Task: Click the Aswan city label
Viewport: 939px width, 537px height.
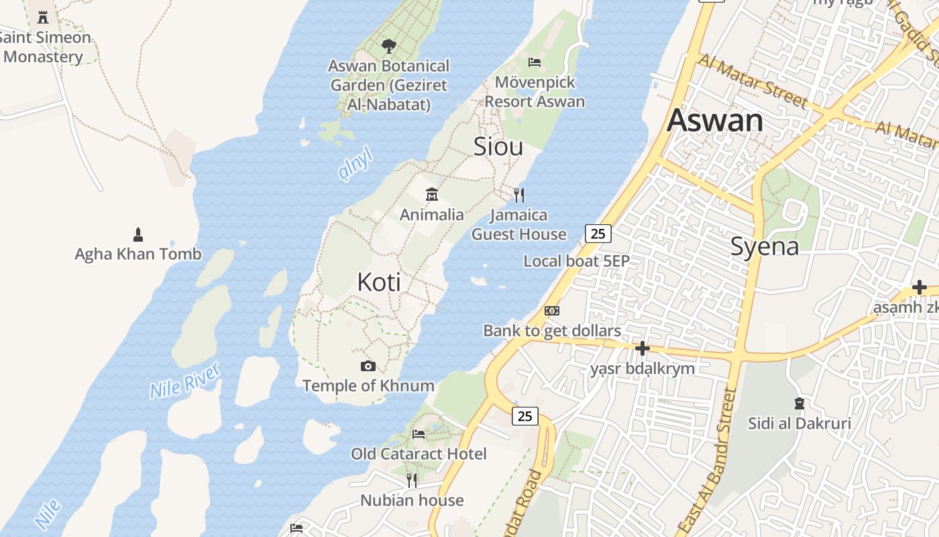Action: [x=715, y=121]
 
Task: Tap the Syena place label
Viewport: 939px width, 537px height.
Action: [x=765, y=246]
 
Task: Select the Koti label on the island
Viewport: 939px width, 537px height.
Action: [x=379, y=282]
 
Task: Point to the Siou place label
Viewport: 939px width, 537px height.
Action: [x=498, y=146]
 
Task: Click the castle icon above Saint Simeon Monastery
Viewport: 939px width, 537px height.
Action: [x=44, y=17]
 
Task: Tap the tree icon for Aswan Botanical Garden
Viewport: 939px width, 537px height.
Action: [x=388, y=46]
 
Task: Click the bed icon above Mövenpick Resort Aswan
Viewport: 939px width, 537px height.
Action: [x=535, y=62]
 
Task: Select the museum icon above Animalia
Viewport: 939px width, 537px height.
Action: [x=432, y=195]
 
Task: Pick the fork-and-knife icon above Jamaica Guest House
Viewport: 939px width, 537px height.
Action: [x=518, y=195]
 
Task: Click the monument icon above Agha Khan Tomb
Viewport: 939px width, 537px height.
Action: [x=138, y=234]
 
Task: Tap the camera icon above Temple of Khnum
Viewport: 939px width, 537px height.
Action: [x=368, y=366]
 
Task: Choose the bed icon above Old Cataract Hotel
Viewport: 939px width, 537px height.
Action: [x=419, y=434]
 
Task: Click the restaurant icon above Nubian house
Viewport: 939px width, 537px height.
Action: [x=412, y=480]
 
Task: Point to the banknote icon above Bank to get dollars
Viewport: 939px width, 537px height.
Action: [x=552, y=310]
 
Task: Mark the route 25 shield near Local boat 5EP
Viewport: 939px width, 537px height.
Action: [x=598, y=233]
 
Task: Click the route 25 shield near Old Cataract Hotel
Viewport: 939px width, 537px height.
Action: [x=524, y=416]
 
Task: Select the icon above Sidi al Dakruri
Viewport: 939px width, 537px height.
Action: [x=799, y=403]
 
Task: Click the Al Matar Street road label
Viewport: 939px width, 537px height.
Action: [x=753, y=81]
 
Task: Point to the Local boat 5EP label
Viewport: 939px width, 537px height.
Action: [x=576, y=261]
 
